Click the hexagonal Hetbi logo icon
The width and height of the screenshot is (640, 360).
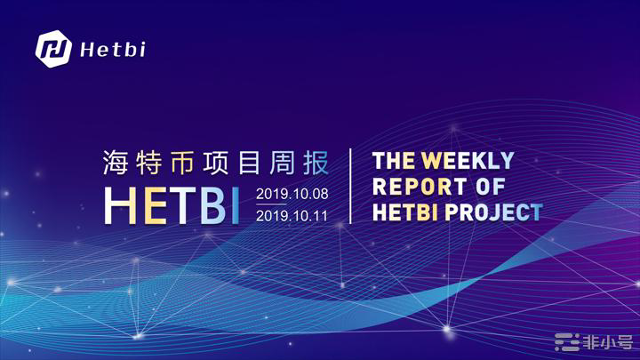pos(53,49)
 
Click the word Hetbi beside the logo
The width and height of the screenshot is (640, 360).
pos(113,50)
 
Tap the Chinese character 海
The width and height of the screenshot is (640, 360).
pos(116,163)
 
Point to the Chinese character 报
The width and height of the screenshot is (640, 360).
pos(316,163)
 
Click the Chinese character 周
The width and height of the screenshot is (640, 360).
pos(282,163)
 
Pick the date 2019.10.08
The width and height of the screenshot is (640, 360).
pos(292,194)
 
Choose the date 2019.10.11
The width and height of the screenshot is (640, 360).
pos(292,216)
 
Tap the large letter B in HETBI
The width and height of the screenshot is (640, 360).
pos(213,205)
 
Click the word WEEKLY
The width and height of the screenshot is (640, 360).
pos(468,160)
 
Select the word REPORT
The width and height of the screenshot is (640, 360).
pos(420,187)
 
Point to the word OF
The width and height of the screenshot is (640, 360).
pos(490,187)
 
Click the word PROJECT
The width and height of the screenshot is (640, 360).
pos(494,212)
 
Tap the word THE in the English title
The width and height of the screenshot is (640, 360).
pos(394,160)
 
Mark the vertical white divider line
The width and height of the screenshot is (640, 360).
pos(350,186)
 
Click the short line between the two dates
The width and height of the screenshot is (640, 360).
pos(271,204)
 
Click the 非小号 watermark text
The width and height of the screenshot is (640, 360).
pos(607,342)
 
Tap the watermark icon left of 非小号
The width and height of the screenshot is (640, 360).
pos(567,342)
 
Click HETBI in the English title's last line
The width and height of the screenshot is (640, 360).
pos(405,212)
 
